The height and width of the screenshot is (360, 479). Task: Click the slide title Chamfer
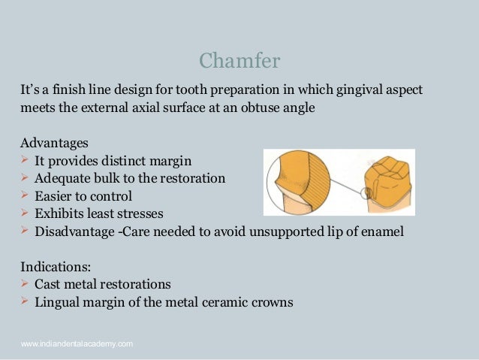pyautogui.click(x=239, y=59)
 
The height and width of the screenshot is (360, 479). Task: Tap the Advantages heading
pyautogui.click(x=54, y=142)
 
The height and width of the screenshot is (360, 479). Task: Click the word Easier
pyautogui.click(x=54, y=196)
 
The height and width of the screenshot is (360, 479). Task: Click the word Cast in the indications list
pyautogui.click(x=48, y=285)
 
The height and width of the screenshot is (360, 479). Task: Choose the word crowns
pyautogui.click(x=271, y=303)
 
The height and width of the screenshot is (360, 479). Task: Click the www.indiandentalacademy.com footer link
pyautogui.click(x=77, y=343)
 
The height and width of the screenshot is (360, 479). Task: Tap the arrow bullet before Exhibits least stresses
pyautogui.click(x=25, y=213)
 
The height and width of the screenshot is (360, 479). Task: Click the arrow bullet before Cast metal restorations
pyautogui.click(x=25, y=284)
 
